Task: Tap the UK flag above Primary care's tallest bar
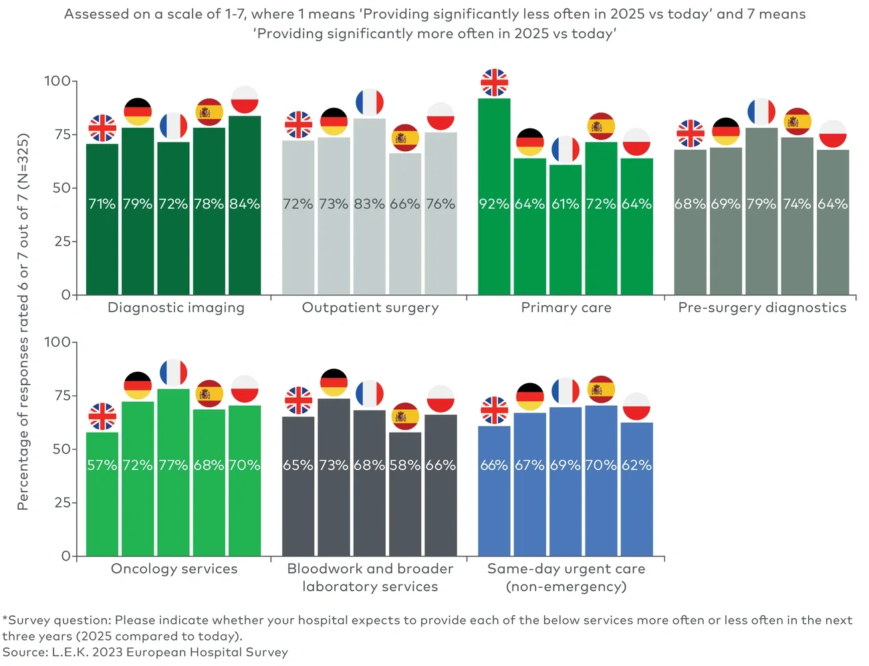pyautogui.click(x=495, y=83)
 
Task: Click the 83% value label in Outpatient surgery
pyautogui.click(x=369, y=204)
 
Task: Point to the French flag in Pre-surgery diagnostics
pyautogui.click(x=761, y=112)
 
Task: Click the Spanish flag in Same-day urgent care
pyautogui.click(x=601, y=390)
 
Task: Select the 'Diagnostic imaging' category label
pyautogui.click(x=176, y=308)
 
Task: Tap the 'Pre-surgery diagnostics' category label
pyautogui.click(x=762, y=308)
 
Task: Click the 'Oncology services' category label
pyautogui.click(x=174, y=569)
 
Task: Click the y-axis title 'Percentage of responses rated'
pyautogui.click(x=23, y=322)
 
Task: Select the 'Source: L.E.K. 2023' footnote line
pyautogui.click(x=145, y=652)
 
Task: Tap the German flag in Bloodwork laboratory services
pyautogui.click(x=334, y=382)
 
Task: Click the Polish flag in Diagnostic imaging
pyautogui.click(x=245, y=100)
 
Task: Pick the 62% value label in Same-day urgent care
pyautogui.click(x=636, y=465)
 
